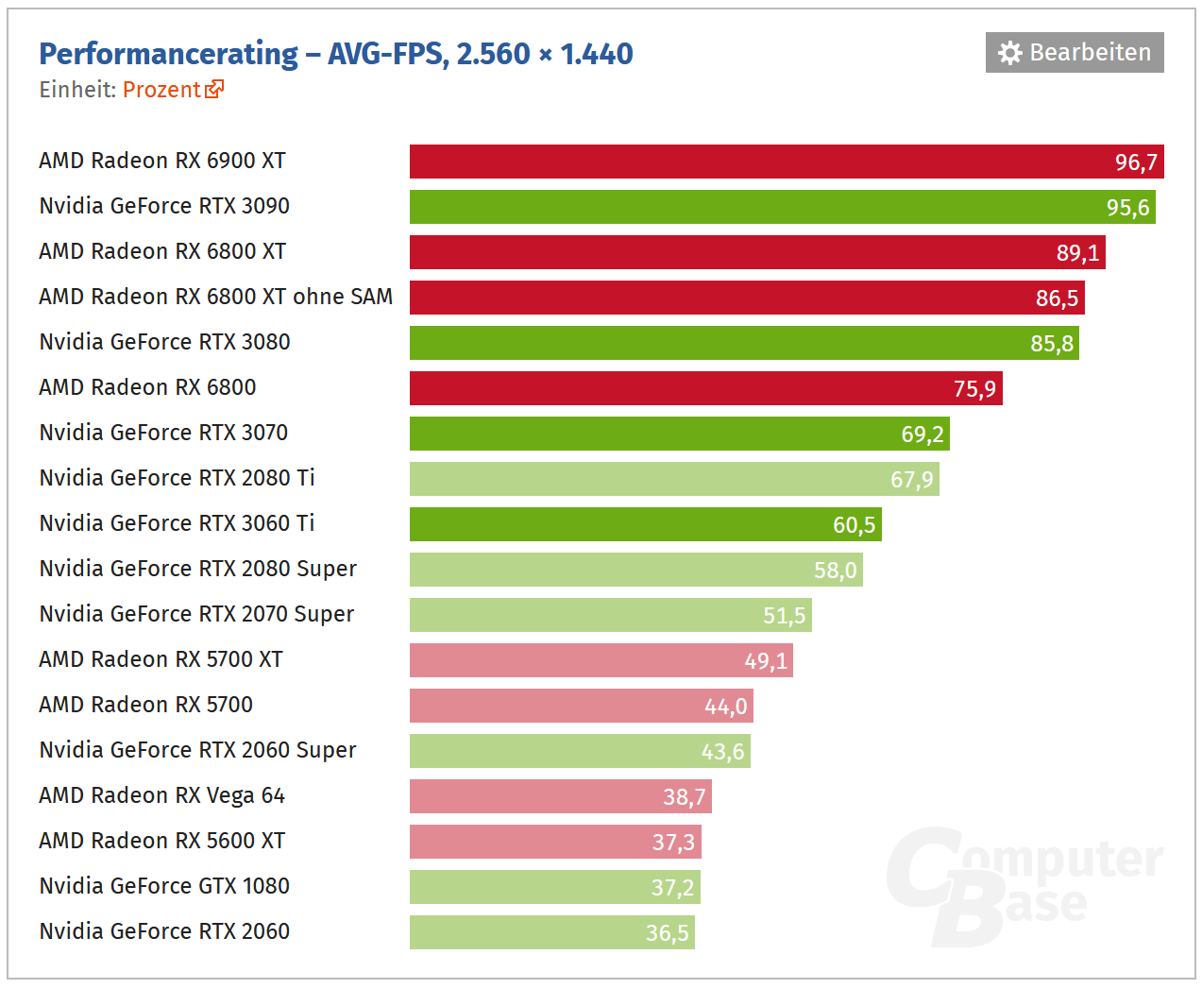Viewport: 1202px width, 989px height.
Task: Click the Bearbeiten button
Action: [x=1075, y=53]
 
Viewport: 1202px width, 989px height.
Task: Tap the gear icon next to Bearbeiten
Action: [x=1009, y=53]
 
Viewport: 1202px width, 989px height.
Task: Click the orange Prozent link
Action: [x=161, y=90]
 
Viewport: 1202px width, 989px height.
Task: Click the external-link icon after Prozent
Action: [x=215, y=89]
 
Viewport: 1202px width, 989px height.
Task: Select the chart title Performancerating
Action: [x=169, y=54]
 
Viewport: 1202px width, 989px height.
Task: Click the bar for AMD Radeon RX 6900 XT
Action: [x=755, y=162]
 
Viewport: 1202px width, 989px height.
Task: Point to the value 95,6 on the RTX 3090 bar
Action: [x=1127, y=208]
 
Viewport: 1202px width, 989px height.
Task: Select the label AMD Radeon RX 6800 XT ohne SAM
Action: [x=215, y=297]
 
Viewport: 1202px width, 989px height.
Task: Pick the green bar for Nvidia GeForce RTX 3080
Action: [x=718, y=343]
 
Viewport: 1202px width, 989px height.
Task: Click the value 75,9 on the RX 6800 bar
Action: [x=974, y=389]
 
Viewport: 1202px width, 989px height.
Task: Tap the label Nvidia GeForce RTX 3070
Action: [x=163, y=433]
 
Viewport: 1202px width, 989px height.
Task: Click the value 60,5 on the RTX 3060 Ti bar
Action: [x=854, y=525]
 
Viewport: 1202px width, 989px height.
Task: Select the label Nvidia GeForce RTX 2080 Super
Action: [x=197, y=569]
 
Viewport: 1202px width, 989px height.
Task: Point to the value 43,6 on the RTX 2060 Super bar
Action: [x=722, y=752]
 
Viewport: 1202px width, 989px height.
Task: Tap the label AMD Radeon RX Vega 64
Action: [x=161, y=795]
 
